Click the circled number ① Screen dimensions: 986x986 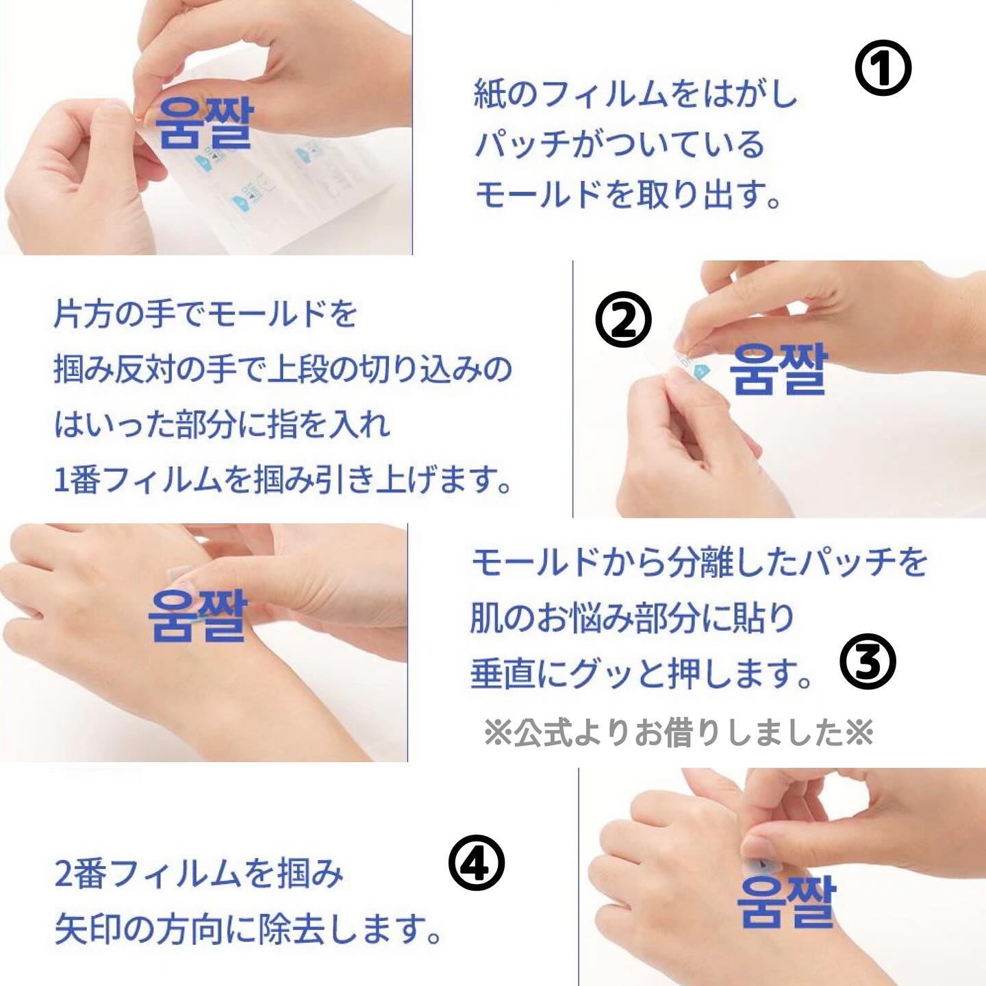coord(883,69)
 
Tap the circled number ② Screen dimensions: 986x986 coord(623,320)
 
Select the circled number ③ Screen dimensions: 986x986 coord(868,661)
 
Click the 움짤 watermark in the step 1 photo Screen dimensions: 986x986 coord(204,123)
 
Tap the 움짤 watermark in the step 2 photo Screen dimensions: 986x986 coord(779,369)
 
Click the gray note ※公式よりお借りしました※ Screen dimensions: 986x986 coord(678,733)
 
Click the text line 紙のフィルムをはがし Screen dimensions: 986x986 coord(635,94)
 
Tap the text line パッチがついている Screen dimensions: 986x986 coord(620,144)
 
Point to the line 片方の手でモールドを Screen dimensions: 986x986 coord(205,314)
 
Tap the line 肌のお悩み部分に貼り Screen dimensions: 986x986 coord(631,618)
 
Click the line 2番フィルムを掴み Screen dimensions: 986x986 coord(199,874)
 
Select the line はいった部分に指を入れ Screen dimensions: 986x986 coord(222,425)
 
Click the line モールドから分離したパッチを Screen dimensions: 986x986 coord(698,562)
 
